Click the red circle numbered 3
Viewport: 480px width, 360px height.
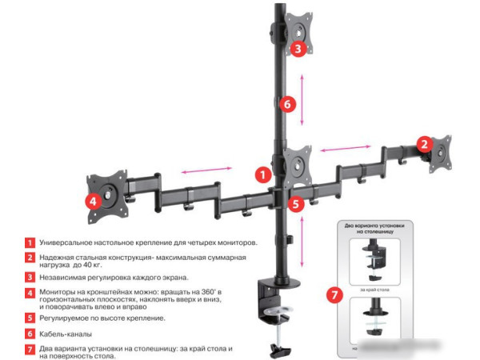click(297, 49)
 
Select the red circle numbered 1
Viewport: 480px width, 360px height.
click(262, 173)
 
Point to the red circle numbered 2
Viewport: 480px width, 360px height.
click(422, 144)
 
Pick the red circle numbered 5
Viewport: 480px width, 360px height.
click(297, 204)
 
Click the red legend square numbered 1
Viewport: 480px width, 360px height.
click(30, 242)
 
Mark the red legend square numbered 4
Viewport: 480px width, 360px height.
click(30, 294)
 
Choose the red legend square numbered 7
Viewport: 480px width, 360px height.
click(30, 349)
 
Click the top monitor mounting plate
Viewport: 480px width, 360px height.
click(296, 32)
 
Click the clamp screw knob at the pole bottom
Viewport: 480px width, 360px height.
click(279, 349)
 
